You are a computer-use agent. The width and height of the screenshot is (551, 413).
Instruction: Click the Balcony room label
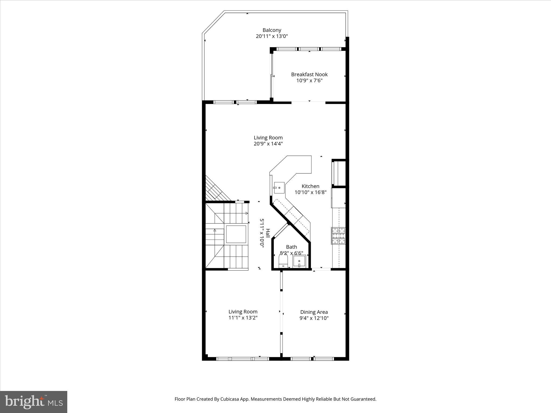coord(272,30)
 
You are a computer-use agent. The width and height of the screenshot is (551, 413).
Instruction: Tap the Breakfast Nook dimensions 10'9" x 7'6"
coord(309,80)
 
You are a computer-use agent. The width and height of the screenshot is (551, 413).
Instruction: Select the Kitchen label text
coord(310,186)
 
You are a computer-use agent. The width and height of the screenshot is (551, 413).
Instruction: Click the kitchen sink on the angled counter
coord(279,188)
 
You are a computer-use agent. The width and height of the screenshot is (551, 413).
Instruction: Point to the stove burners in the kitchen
coord(338,236)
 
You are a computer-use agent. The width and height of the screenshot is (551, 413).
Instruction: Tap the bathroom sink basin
coord(299,261)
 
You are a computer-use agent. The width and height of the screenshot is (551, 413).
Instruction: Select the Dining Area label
coord(314,312)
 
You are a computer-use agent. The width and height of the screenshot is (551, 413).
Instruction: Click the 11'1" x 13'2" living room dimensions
coord(243,318)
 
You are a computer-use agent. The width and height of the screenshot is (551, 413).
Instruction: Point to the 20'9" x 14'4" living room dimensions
coord(268,144)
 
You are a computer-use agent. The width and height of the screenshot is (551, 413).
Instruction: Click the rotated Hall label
coord(268,233)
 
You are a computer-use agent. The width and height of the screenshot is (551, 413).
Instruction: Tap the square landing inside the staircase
coord(236,234)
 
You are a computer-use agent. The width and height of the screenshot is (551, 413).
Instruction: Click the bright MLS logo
coord(34,402)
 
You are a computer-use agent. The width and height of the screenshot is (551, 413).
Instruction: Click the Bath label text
coord(291,247)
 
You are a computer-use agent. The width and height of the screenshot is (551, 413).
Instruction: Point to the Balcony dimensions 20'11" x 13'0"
coord(272,36)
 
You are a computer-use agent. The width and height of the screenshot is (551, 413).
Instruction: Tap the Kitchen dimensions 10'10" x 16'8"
coord(310,192)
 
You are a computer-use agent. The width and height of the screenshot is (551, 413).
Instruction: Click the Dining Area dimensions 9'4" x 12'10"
coord(314,318)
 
